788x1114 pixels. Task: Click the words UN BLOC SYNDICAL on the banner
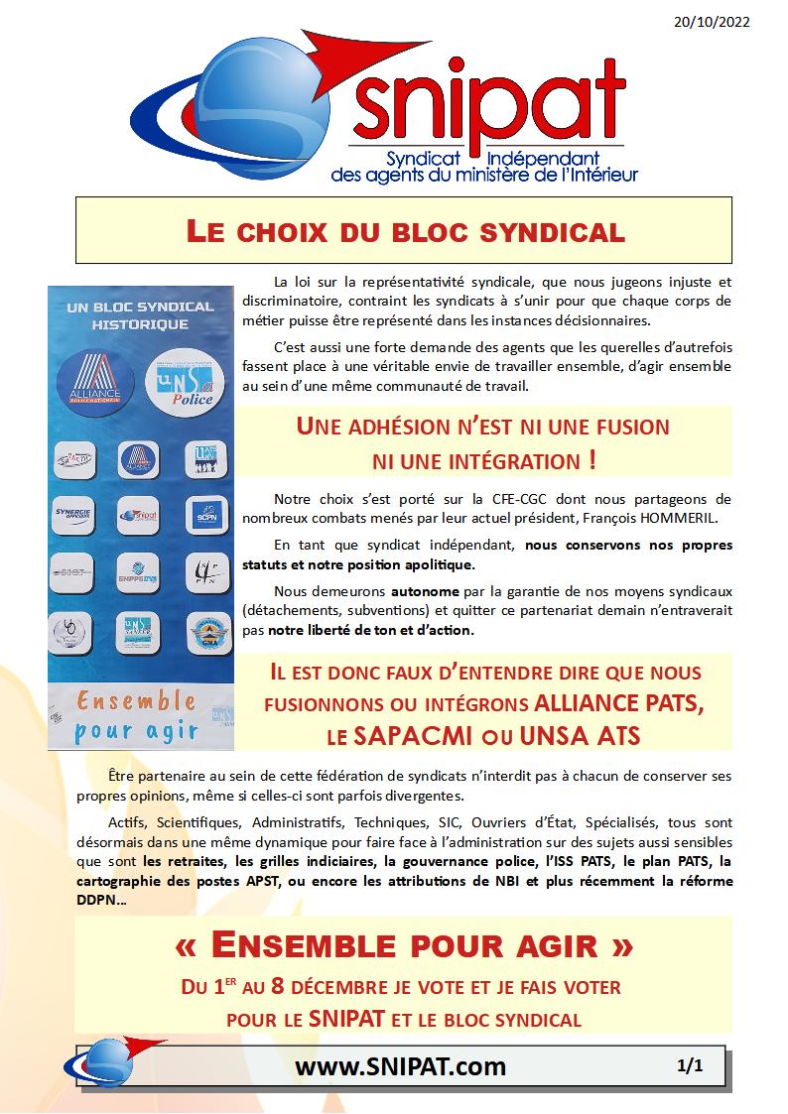click(140, 307)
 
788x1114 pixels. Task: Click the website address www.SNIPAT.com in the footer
click(401, 1066)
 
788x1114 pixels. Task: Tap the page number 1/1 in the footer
click(690, 1066)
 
